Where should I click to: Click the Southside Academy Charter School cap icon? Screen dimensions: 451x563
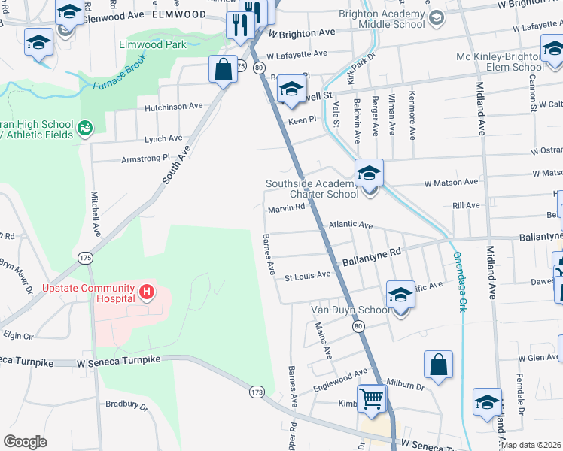(x=369, y=173)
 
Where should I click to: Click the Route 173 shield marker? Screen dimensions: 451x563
(x=257, y=392)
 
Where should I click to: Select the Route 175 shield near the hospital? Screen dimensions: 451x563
(x=85, y=258)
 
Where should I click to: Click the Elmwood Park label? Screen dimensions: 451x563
(x=152, y=44)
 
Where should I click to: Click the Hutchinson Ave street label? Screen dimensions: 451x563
(x=174, y=106)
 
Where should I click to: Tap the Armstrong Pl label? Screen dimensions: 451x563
(x=146, y=159)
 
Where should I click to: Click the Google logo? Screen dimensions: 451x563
(x=25, y=441)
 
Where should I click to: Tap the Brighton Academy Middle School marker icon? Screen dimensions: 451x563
(x=436, y=17)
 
